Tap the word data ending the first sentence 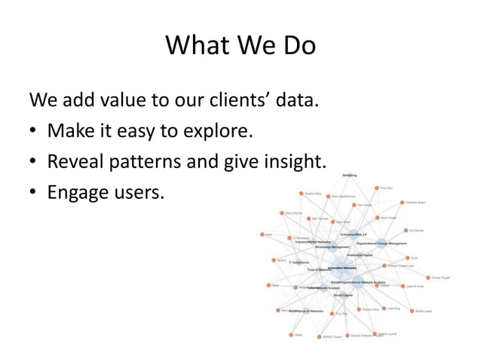(296, 99)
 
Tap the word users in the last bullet (139, 193)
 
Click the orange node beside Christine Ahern (401, 203)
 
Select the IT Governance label (298, 263)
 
